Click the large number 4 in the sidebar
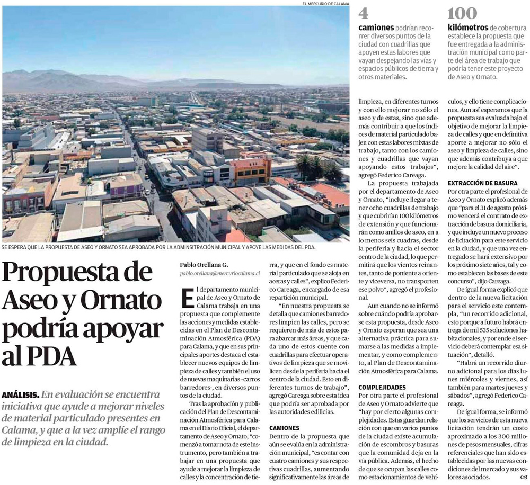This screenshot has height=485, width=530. (x=364, y=14)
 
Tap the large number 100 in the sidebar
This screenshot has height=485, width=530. (x=462, y=14)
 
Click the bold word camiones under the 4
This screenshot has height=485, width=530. (x=376, y=28)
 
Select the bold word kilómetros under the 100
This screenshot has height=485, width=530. (x=467, y=28)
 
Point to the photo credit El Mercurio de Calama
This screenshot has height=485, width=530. (x=325, y=4)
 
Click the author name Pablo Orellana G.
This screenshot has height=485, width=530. (x=204, y=265)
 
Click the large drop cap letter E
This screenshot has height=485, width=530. (x=187, y=298)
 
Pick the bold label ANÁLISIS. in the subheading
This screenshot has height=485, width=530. (x=20, y=394)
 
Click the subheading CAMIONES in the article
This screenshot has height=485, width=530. (x=284, y=427)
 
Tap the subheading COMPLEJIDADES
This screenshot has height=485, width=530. (x=382, y=387)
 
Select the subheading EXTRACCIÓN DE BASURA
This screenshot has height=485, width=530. (x=483, y=183)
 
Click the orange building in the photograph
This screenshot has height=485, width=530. (x=250, y=169)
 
